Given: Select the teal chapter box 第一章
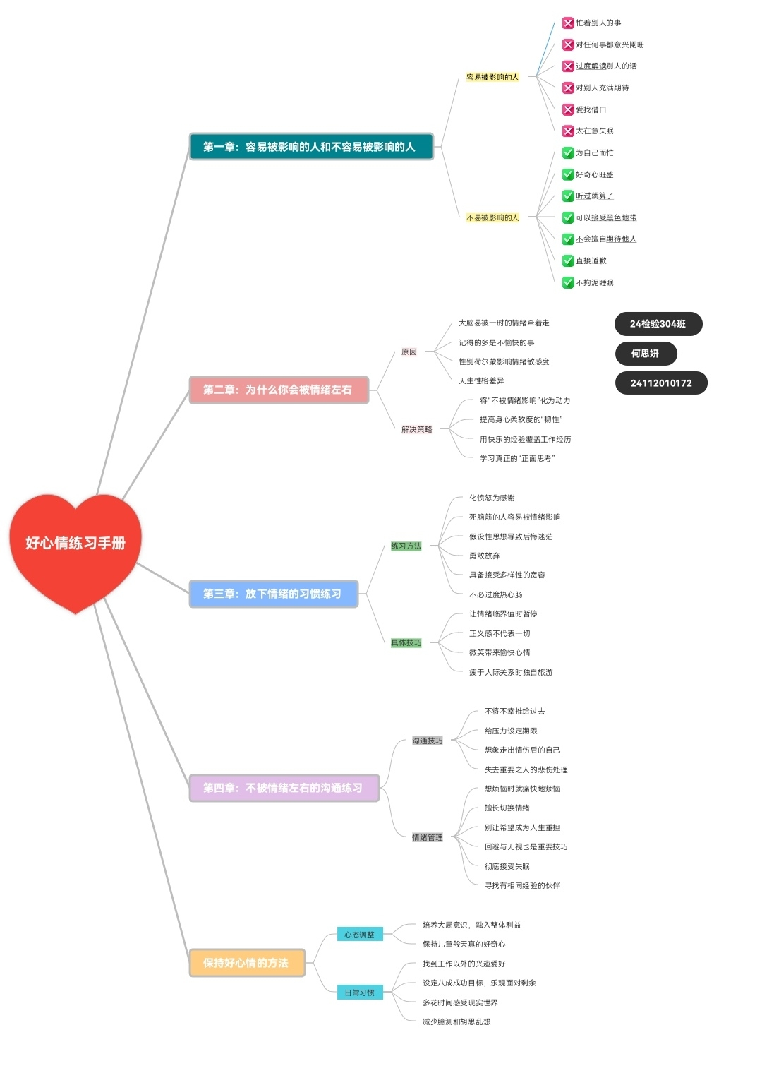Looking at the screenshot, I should [x=311, y=147].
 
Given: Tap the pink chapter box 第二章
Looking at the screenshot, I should [x=279, y=390].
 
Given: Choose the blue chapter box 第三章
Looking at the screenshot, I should [x=273, y=594].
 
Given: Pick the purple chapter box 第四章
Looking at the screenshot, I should [x=284, y=788].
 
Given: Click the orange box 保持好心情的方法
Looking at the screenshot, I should [x=246, y=963].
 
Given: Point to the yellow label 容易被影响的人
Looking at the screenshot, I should [x=492, y=77].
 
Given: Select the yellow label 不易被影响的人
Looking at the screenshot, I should [x=492, y=217].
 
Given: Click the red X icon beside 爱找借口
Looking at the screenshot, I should [x=568, y=109].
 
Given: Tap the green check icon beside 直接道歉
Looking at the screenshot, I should [x=568, y=260].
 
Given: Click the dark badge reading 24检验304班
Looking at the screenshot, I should [x=658, y=324].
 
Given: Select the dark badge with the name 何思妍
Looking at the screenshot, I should [x=645, y=354].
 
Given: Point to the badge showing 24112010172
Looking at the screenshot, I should [x=661, y=383].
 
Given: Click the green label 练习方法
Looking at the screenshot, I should [x=406, y=546].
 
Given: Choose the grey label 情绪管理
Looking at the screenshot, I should [x=428, y=837].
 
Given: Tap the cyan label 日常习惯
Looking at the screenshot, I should [x=360, y=993].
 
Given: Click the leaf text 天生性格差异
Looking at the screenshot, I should [x=481, y=381].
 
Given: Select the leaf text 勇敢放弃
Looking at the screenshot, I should [x=485, y=556].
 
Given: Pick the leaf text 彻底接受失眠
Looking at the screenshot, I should [x=507, y=866].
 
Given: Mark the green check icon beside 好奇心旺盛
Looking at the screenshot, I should [x=568, y=174].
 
